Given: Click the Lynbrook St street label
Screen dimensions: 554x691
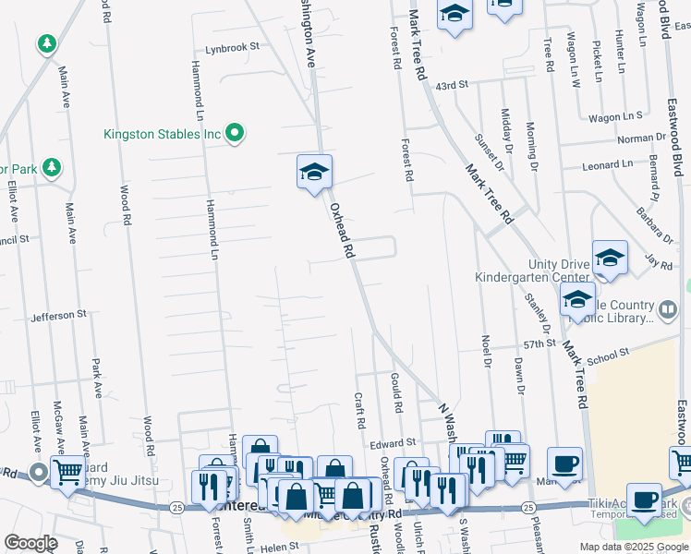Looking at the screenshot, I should [x=232, y=46].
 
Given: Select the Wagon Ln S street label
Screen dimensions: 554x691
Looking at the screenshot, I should [x=616, y=116].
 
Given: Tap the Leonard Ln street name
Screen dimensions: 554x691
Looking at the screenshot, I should [x=607, y=165].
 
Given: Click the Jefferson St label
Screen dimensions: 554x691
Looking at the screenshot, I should [x=58, y=315].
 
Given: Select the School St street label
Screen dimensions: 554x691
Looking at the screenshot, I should [x=607, y=354].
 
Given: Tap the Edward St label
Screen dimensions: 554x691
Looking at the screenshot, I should [x=394, y=444].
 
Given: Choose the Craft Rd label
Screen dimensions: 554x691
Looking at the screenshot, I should [x=359, y=410].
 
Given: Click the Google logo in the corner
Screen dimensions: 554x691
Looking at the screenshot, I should [x=30, y=543].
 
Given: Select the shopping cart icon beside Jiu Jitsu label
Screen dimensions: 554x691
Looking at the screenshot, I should [x=67, y=473].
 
